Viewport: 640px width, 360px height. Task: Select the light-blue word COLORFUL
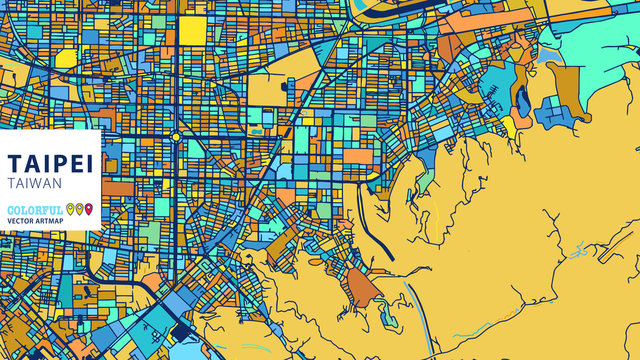pyautogui.click(x=33, y=209)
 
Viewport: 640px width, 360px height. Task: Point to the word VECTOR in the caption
pyautogui.click(x=21, y=221)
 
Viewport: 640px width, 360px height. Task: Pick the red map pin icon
pyautogui.click(x=89, y=209)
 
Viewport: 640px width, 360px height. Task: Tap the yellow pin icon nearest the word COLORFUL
pyautogui.click(x=69, y=209)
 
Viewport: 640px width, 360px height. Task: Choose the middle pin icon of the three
pyautogui.click(x=79, y=209)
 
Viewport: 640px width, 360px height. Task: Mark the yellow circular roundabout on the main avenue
pyautogui.click(x=176, y=137)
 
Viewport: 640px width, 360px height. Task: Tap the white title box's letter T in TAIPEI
pyautogui.click(x=13, y=164)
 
